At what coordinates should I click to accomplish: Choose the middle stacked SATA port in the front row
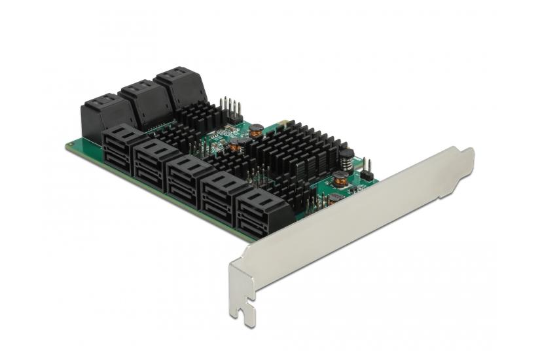point(188,177)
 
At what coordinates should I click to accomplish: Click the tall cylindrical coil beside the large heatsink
point(346,159)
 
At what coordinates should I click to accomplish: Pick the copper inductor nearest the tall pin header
point(257,130)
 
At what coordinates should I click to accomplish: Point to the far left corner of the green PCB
point(68,145)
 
